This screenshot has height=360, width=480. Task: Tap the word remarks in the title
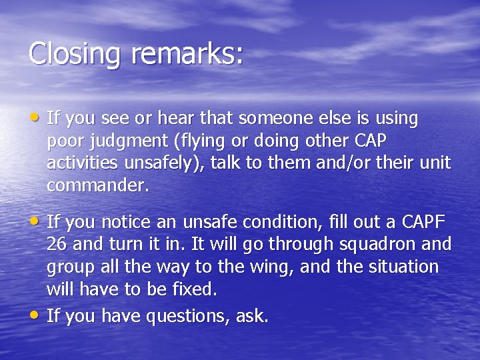(183, 54)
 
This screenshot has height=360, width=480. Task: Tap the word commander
(95, 186)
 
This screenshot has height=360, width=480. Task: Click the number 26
(57, 245)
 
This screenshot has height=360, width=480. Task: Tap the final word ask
(253, 316)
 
